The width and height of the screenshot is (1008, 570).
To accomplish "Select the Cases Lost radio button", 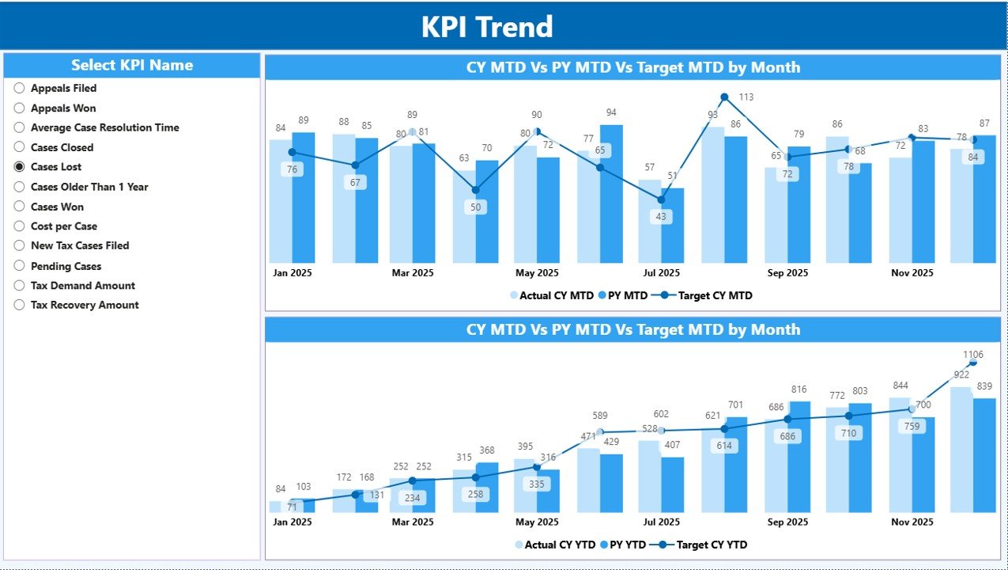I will (x=20, y=167).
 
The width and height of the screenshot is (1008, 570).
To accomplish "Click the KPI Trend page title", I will (x=486, y=27).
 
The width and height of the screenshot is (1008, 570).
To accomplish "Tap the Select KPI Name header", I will (x=132, y=66).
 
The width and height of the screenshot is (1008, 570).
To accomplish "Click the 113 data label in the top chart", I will (x=746, y=97).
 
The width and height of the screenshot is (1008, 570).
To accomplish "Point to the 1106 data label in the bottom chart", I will (x=973, y=355).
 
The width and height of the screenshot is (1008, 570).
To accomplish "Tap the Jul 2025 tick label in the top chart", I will (x=662, y=273).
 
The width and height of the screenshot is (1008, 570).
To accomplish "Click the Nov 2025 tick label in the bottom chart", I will (x=911, y=522).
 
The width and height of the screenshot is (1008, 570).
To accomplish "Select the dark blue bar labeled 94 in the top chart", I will (x=611, y=194).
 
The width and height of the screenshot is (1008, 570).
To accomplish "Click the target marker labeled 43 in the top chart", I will (x=662, y=199).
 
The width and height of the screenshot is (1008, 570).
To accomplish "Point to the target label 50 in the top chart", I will (x=475, y=207).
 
